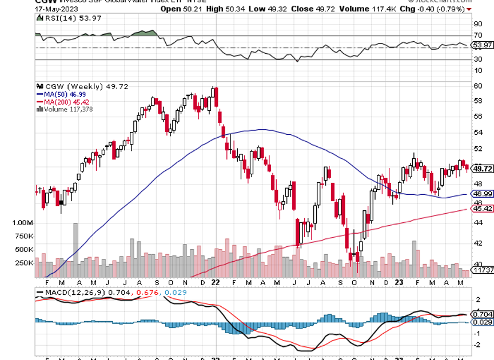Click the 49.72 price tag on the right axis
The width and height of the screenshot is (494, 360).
[x=483, y=169]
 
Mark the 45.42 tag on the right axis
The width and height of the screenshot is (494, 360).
[x=483, y=208]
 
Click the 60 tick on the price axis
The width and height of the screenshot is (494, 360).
[x=477, y=86]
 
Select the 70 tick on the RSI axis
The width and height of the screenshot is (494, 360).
[x=477, y=35]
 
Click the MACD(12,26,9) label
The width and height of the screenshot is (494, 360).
[x=67, y=293]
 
